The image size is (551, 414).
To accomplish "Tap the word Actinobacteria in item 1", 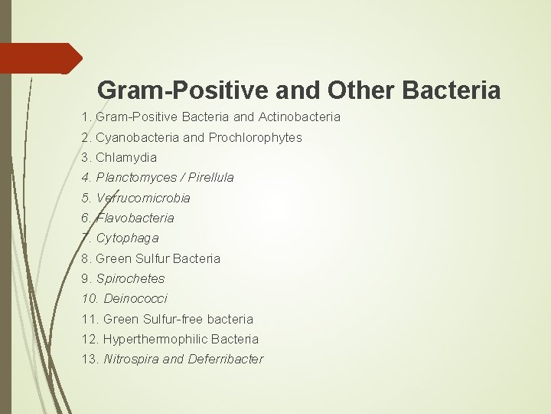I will point(298,117).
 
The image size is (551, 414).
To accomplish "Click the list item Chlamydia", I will point(126,157).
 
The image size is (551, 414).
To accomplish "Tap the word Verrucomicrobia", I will point(143,198).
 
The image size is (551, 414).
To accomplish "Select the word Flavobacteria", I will point(135,218).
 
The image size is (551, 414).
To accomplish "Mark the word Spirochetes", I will point(130,278).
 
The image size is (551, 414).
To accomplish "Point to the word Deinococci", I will point(135,298).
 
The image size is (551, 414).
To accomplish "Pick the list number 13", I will point(90,359).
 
